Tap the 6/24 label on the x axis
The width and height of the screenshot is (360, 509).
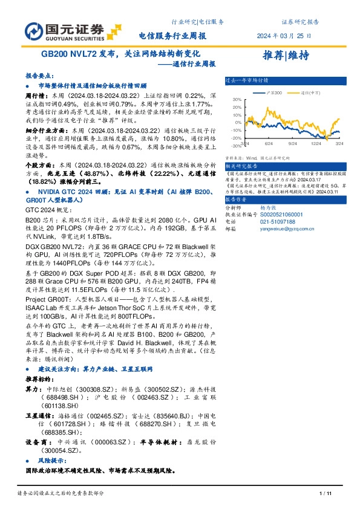269,143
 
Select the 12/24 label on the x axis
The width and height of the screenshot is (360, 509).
315,143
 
